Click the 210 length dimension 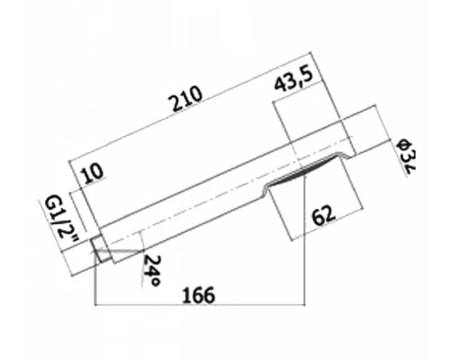point(186,99)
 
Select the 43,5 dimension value point(293,79)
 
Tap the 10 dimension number point(93,174)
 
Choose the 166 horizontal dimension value point(199,295)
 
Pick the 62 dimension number point(323,215)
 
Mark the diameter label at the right point(407,157)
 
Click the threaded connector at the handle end point(101,248)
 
